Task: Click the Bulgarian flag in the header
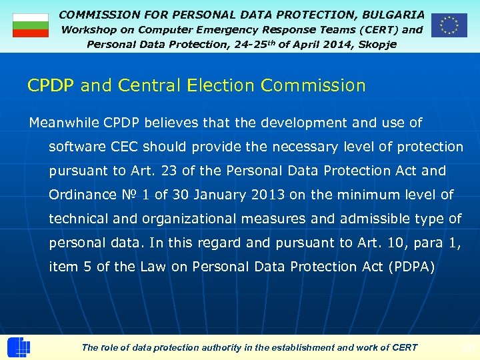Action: (x=31, y=25)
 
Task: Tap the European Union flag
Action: (x=449, y=25)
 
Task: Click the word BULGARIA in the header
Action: (x=393, y=14)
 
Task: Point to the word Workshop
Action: (x=89, y=29)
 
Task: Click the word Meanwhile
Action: (x=63, y=123)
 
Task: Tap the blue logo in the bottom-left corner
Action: (x=19, y=347)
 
